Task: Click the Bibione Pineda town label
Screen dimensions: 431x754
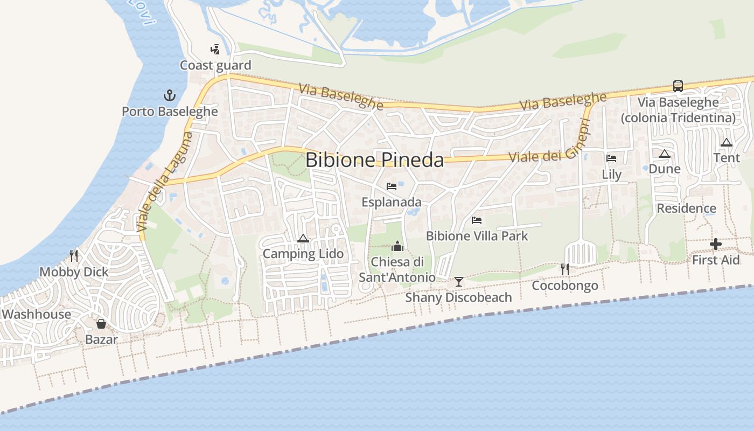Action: click(x=375, y=160)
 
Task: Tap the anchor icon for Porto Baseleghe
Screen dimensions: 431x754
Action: click(x=170, y=96)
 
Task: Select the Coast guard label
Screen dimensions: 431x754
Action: click(x=215, y=65)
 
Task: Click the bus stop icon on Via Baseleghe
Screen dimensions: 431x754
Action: click(x=678, y=86)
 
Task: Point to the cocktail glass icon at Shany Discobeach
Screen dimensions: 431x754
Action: click(x=458, y=281)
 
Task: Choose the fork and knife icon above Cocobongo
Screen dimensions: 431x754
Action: click(x=564, y=269)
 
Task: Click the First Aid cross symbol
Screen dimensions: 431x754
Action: click(x=715, y=245)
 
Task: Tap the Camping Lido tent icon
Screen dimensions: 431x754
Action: click(x=303, y=238)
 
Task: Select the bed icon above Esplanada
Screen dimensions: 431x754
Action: click(x=392, y=186)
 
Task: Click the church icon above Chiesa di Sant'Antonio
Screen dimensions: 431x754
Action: click(x=397, y=246)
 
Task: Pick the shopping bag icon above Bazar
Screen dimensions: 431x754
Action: click(x=101, y=324)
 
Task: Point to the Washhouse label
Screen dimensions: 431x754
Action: click(x=37, y=314)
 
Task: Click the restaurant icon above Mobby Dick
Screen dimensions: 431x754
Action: click(x=74, y=255)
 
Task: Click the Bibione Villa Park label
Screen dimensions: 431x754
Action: click(x=477, y=236)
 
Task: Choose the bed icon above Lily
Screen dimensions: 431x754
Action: click(x=611, y=158)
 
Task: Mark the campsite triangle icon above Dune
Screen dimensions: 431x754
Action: click(x=665, y=154)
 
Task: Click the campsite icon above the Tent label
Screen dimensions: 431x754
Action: click(x=727, y=143)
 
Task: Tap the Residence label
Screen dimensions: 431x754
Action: click(x=686, y=208)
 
